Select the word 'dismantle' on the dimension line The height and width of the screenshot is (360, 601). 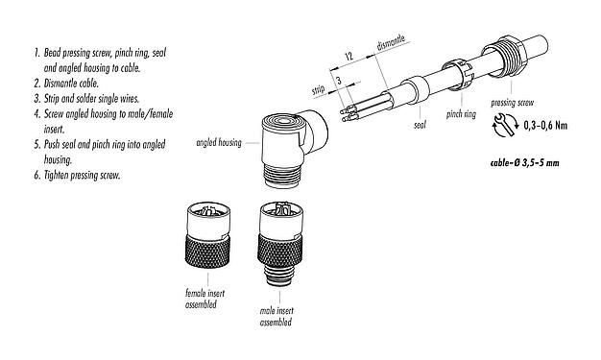point(393,45)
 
